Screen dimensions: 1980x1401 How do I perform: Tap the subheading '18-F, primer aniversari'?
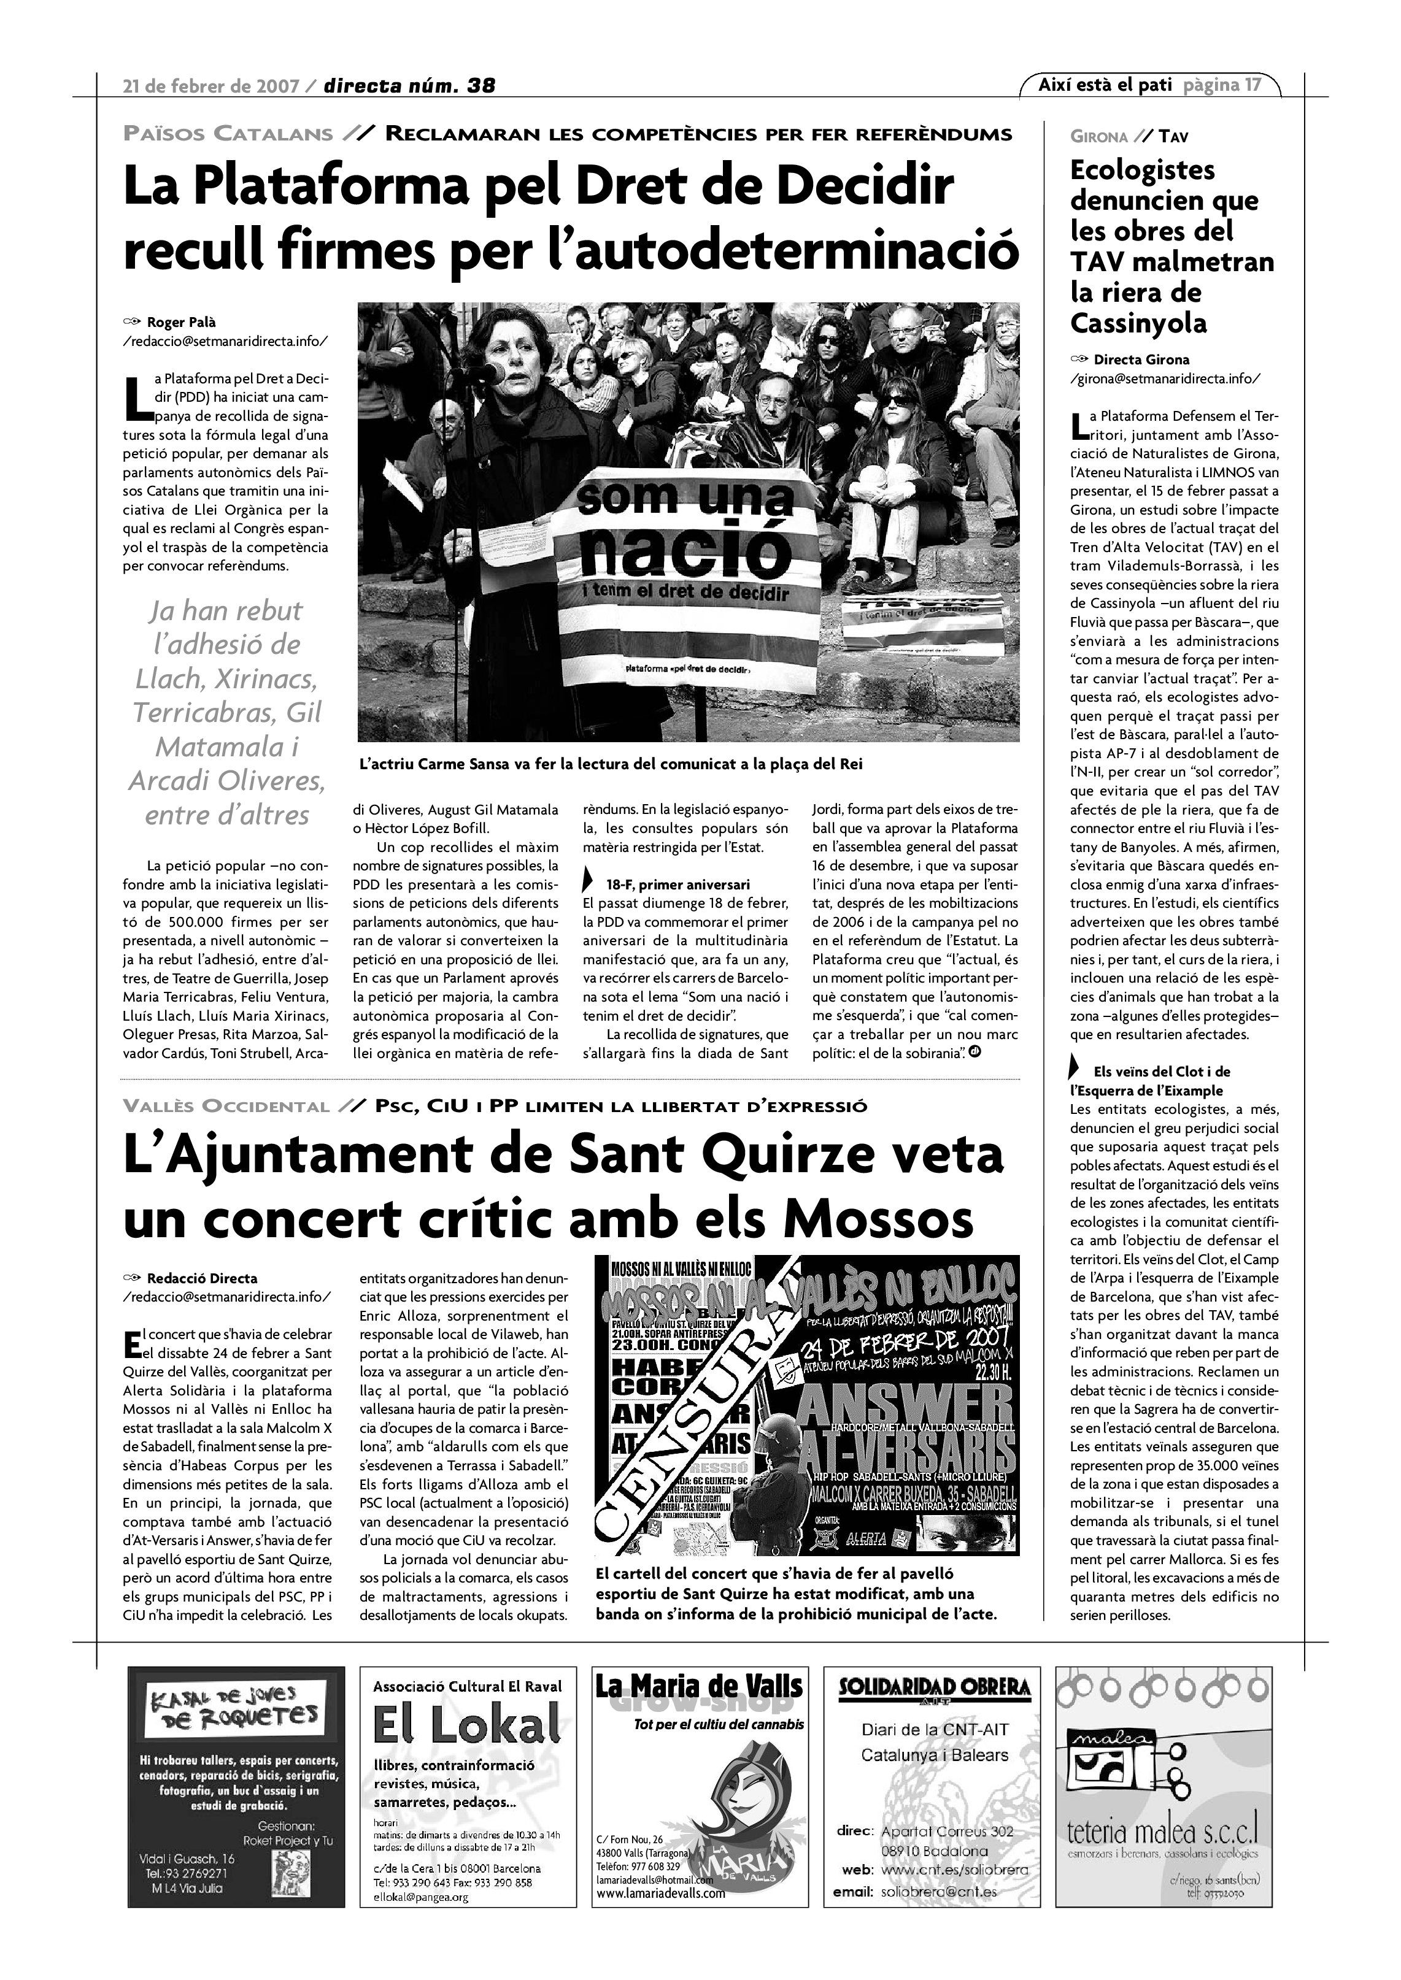pyautogui.click(x=677, y=884)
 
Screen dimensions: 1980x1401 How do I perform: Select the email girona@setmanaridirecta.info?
pyautogui.click(x=1165, y=378)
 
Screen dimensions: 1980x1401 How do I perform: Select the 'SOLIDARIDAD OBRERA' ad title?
pyautogui.click(x=934, y=1687)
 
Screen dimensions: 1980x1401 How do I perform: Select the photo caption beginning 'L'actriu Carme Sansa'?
pyautogui.click(x=611, y=764)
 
